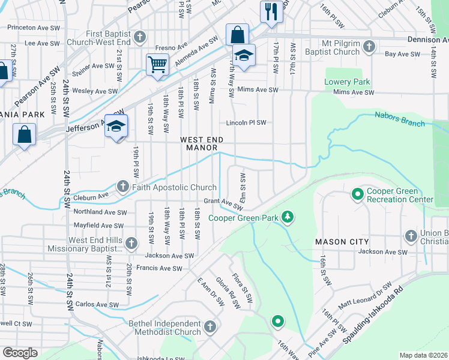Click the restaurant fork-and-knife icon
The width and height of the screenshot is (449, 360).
tap(271, 11)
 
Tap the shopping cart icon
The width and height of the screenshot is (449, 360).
tap(157, 63)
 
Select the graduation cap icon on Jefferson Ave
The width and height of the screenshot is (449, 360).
tap(116, 125)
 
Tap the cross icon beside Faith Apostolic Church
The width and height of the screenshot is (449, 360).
tap(123, 187)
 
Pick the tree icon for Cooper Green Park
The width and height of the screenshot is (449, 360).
tap(288, 217)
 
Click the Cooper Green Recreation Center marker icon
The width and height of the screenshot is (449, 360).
tap(357, 194)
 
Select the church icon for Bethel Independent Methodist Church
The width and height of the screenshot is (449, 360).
tap(209, 327)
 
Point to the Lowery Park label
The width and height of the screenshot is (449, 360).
tap(347, 82)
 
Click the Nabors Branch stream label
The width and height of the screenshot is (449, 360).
tap(400, 119)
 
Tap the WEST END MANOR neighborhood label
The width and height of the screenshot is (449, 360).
tap(204, 143)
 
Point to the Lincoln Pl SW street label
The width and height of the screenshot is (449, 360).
tap(246, 123)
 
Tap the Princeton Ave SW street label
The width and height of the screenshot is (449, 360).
tap(33, 28)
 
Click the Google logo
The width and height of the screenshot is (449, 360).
tap(20, 353)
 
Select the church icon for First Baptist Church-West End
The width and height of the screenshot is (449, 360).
tap(139, 37)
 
